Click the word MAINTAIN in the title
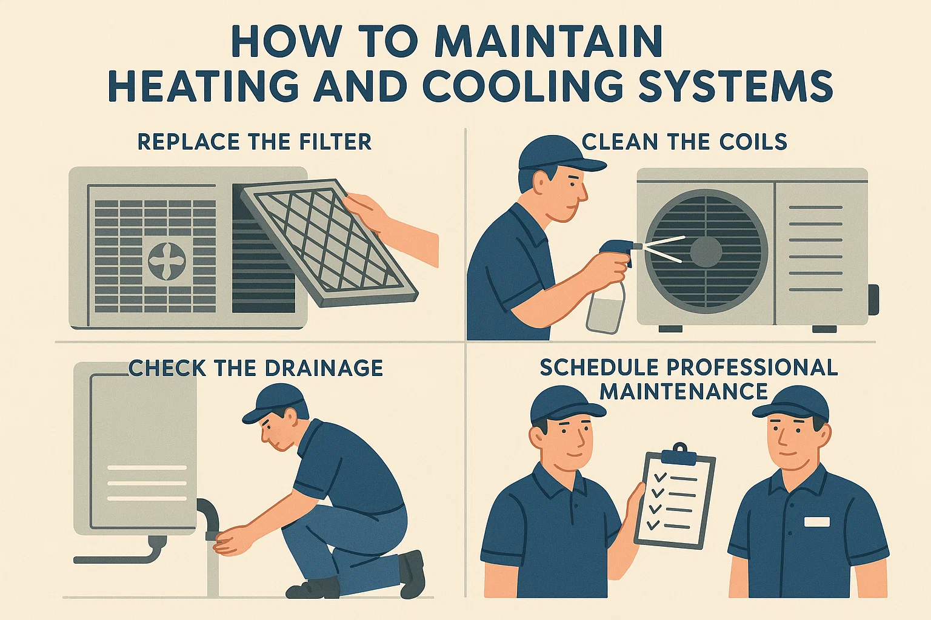click(x=548, y=42)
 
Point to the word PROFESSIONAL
click(x=752, y=368)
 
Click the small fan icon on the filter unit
click(x=167, y=260)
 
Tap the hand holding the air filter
click(x=370, y=212)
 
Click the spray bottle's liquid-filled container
click(x=605, y=309)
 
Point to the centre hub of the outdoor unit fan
click(x=706, y=252)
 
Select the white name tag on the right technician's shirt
click(x=816, y=521)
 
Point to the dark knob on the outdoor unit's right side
click(x=873, y=299)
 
